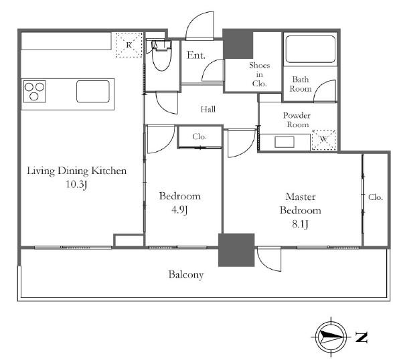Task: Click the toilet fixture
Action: pyautogui.click(x=161, y=56)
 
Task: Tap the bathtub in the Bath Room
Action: pyautogui.click(x=310, y=49)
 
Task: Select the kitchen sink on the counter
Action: pyautogui.click(x=93, y=92)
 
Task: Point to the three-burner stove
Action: pyautogui.click(x=35, y=92)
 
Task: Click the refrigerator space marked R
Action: pyautogui.click(x=129, y=45)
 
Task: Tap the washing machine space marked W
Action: pyautogui.click(x=323, y=140)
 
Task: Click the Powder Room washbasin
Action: pyautogui.click(x=285, y=142)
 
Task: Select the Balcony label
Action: pyautogui.click(x=185, y=275)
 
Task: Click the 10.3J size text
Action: pyautogui.click(x=76, y=185)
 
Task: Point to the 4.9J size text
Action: pyautogui.click(x=179, y=210)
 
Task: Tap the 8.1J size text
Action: pyautogui.click(x=300, y=224)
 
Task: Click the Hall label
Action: pyautogui.click(x=208, y=109)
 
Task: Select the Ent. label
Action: pyautogui.click(x=196, y=56)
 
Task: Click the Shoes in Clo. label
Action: pyautogui.click(x=259, y=74)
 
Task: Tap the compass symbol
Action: pyautogui.click(x=331, y=337)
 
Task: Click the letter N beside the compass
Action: pyautogui.click(x=362, y=337)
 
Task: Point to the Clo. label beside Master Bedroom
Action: pyautogui.click(x=376, y=197)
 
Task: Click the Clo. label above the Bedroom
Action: pyautogui.click(x=200, y=137)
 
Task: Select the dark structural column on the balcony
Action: pyautogui.click(x=236, y=250)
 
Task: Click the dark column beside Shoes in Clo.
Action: pyautogui.click(x=238, y=44)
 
